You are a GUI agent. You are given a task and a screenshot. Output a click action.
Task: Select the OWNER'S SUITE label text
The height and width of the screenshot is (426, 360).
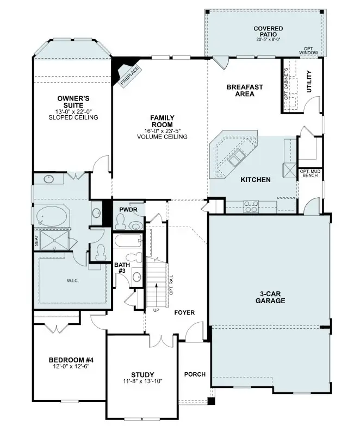coord(73,102)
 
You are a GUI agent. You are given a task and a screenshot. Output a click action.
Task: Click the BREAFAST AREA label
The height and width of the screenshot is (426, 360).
coord(245,90)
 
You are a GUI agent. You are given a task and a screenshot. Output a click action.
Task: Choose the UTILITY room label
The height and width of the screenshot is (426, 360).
coord(309,82)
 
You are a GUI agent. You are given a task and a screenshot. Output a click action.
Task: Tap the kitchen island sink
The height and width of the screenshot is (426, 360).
coord(237,159)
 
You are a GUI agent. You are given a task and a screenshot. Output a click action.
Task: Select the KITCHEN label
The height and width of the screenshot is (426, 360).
coord(256,179)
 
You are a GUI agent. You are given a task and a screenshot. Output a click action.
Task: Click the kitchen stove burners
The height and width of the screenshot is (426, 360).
coord(251,206)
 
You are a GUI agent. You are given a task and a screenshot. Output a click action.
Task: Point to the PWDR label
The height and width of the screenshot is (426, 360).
coord(128,209)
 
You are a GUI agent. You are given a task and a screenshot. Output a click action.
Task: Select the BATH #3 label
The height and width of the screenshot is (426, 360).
coord(122,268)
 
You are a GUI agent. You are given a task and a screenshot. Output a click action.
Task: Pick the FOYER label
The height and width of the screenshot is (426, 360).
coord(184,312)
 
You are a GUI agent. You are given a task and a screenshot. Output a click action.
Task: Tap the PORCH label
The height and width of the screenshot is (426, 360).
coord(195,374)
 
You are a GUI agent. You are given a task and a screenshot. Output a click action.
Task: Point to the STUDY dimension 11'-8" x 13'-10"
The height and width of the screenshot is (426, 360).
coord(142,381)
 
